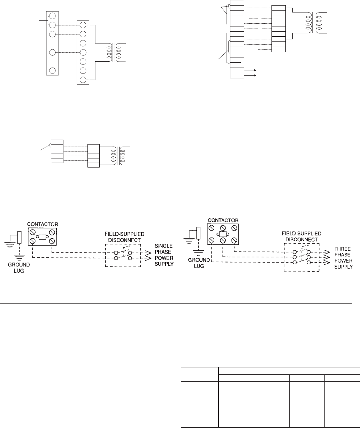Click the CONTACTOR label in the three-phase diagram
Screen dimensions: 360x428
[x=223, y=220]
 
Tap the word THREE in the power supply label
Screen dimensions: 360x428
[x=343, y=249]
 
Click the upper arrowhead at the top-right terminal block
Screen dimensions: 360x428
[x=255, y=70]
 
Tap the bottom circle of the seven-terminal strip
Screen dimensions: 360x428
[x=83, y=80]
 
